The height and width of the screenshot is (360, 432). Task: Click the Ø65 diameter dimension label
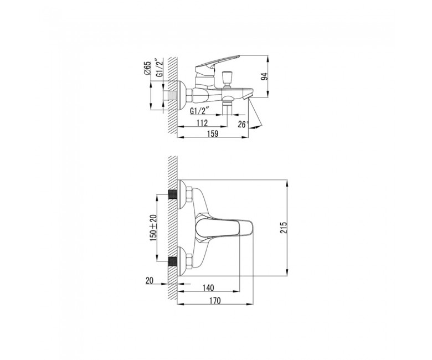[147, 68]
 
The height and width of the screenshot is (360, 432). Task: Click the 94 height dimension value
[264, 76]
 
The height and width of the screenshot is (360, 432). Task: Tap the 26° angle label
[243, 125]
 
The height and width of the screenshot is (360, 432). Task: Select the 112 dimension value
[202, 123]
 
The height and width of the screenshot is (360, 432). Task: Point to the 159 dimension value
[213, 133]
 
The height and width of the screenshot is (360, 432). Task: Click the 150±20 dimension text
[153, 228]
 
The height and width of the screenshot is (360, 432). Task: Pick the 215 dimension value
[284, 228]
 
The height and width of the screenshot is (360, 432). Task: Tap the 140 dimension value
[208, 288]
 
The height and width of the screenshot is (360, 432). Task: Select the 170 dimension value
[215, 301]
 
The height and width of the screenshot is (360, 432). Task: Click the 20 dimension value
[149, 281]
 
